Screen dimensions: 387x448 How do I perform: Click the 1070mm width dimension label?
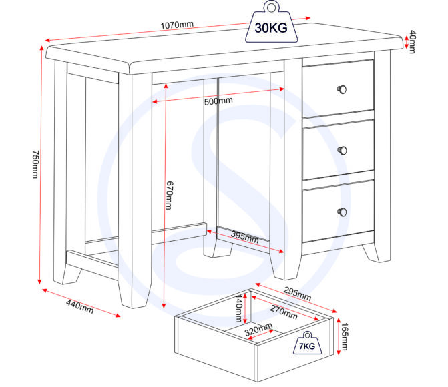[x=177, y=26]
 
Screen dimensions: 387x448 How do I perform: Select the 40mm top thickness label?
[x=413, y=42]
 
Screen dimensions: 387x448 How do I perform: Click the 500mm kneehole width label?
[x=218, y=101]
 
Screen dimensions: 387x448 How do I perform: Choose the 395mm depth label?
[x=245, y=237]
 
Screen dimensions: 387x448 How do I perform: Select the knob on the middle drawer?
[x=344, y=149]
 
